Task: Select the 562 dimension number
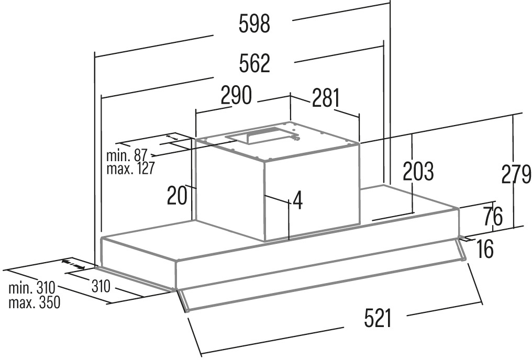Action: pyautogui.click(x=254, y=64)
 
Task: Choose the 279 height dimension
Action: pyautogui.click(x=516, y=174)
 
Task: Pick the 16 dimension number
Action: pyautogui.click(x=485, y=249)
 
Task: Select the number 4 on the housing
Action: pyautogui.click(x=297, y=200)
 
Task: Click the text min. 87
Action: pyautogui.click(x=127, y=155)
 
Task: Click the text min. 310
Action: pyautogui.click(x=32, y=288)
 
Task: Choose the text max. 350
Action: pyautogui.click(x=33, y=302)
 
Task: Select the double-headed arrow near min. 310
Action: pyautogui.click(x=73, y=264)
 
